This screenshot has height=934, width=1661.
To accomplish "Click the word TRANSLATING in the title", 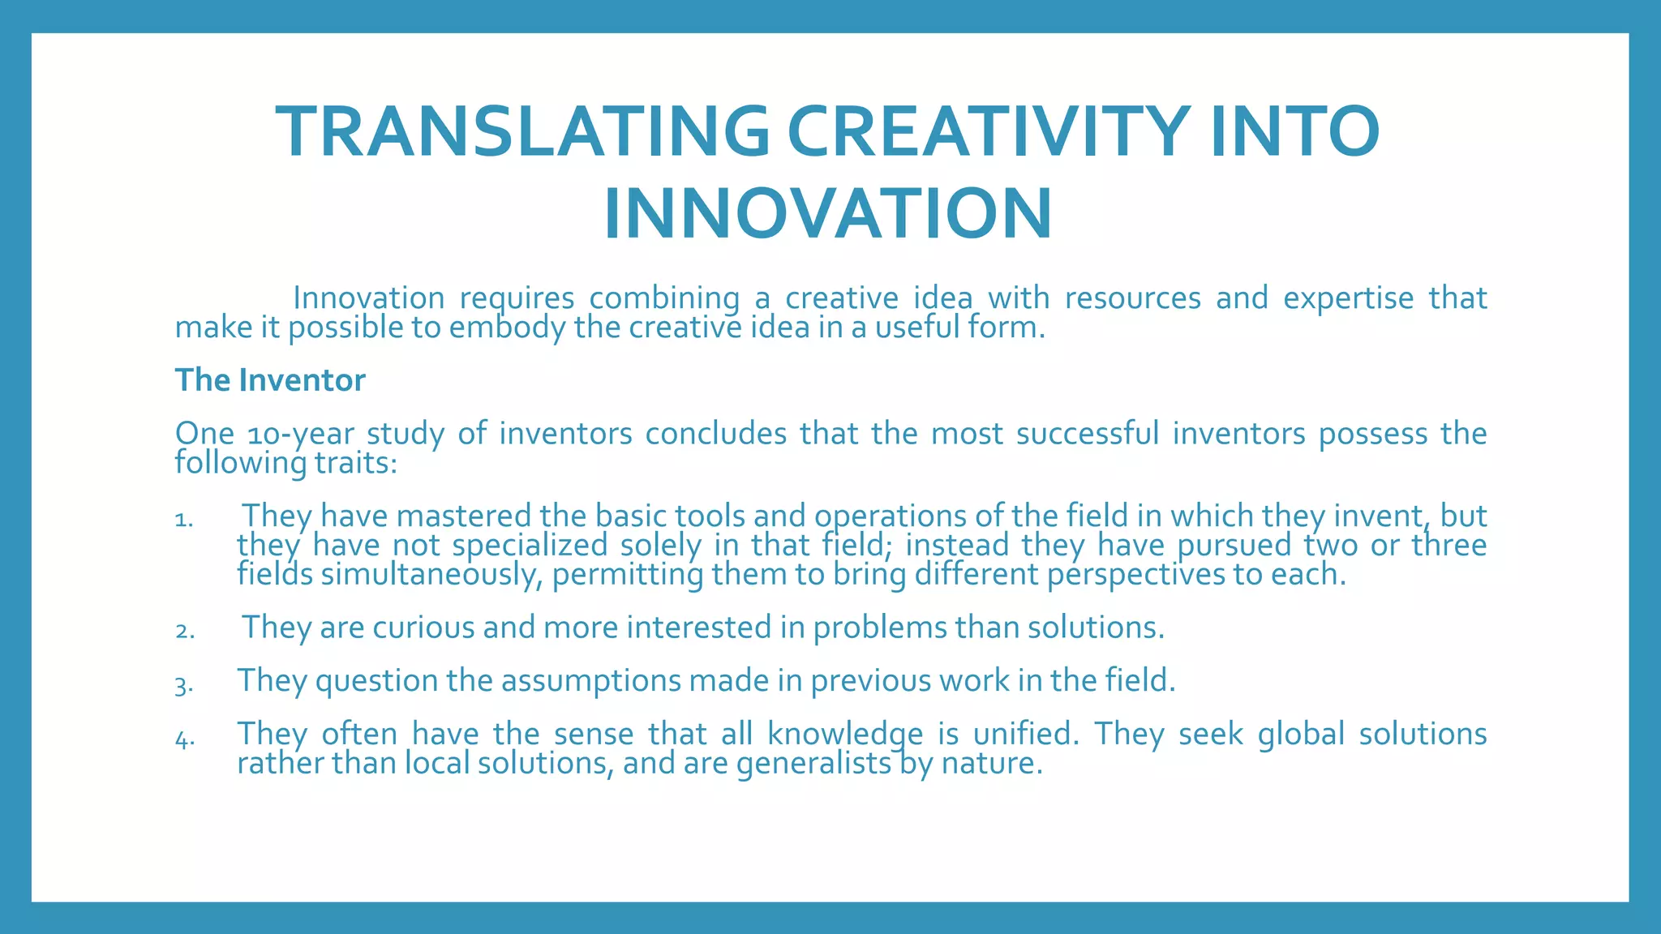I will (523, 131).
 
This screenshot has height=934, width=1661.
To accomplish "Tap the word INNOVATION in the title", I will (828, 214).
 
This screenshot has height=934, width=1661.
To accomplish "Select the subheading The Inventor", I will (270, 380).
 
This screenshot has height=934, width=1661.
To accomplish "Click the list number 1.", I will (183, 520).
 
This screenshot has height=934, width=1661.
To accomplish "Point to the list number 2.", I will (184, 631).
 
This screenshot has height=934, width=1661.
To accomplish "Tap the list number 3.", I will (183, 685).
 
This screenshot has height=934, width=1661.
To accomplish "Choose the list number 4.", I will (184, 739).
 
